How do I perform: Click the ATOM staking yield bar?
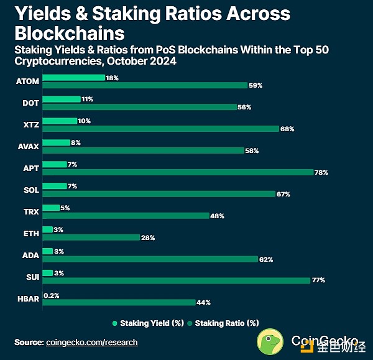tap(73, 78)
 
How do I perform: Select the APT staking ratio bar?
tap(177, 172)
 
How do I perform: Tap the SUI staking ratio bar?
tap(176, 280)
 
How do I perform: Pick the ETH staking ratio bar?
tap(91, 238)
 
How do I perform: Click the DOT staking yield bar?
tap(62, 99)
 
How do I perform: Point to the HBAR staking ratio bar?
tap(119, 302)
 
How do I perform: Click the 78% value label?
tap(321, 172)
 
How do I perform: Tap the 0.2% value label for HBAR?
tap(51, 295)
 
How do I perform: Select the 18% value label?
tap(112, 78)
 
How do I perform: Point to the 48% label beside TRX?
tap(217, 216)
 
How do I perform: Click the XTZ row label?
tap(30, 125)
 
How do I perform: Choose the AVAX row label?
tap(29, 147)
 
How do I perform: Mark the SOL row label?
tap(31, 190)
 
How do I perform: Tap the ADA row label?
tap(30, 255)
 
